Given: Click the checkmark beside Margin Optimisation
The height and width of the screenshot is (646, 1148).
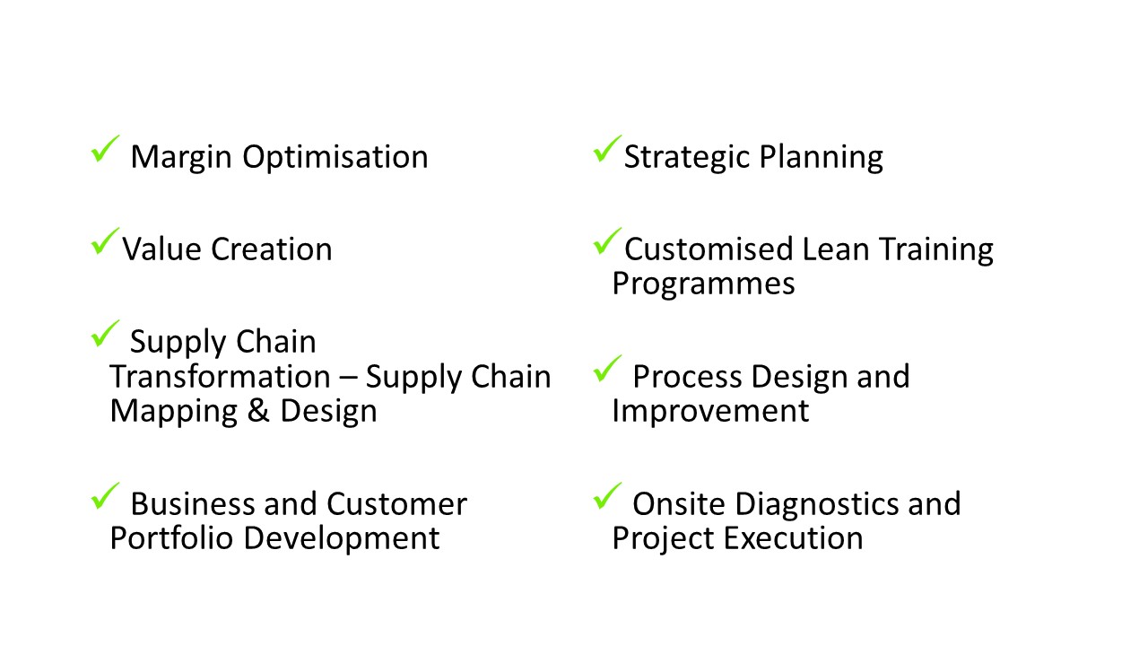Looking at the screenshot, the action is (105, 150).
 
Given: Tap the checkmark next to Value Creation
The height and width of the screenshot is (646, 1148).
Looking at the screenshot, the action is (105, 242).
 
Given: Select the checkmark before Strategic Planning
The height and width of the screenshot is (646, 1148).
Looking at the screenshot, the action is (607, 150).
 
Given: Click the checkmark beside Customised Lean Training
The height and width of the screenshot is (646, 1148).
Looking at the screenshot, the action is (607, 242).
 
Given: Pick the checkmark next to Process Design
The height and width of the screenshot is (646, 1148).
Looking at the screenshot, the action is (607, 369).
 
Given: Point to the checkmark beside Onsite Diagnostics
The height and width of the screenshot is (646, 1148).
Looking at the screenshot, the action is (607, 497).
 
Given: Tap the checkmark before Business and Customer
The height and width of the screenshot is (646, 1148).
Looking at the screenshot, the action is (105, 497).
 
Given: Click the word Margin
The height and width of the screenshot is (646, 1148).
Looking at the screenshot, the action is (181, 157).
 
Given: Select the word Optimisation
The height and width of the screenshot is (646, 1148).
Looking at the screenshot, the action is (335, 157).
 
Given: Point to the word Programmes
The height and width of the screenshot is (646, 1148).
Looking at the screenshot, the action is (703, 284).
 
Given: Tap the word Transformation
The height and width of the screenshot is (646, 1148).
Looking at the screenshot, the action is (220, 377).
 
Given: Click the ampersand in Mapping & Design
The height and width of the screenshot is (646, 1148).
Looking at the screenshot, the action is (258, 411).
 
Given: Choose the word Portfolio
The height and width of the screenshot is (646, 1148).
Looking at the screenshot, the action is (171, 538).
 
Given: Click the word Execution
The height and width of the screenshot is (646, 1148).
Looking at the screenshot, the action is (794, 538).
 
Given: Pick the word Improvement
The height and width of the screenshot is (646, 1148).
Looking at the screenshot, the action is (710, 412).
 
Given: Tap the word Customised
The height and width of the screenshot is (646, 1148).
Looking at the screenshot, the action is (708, 249).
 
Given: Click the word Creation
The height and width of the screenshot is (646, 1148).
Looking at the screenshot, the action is (272, 249).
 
